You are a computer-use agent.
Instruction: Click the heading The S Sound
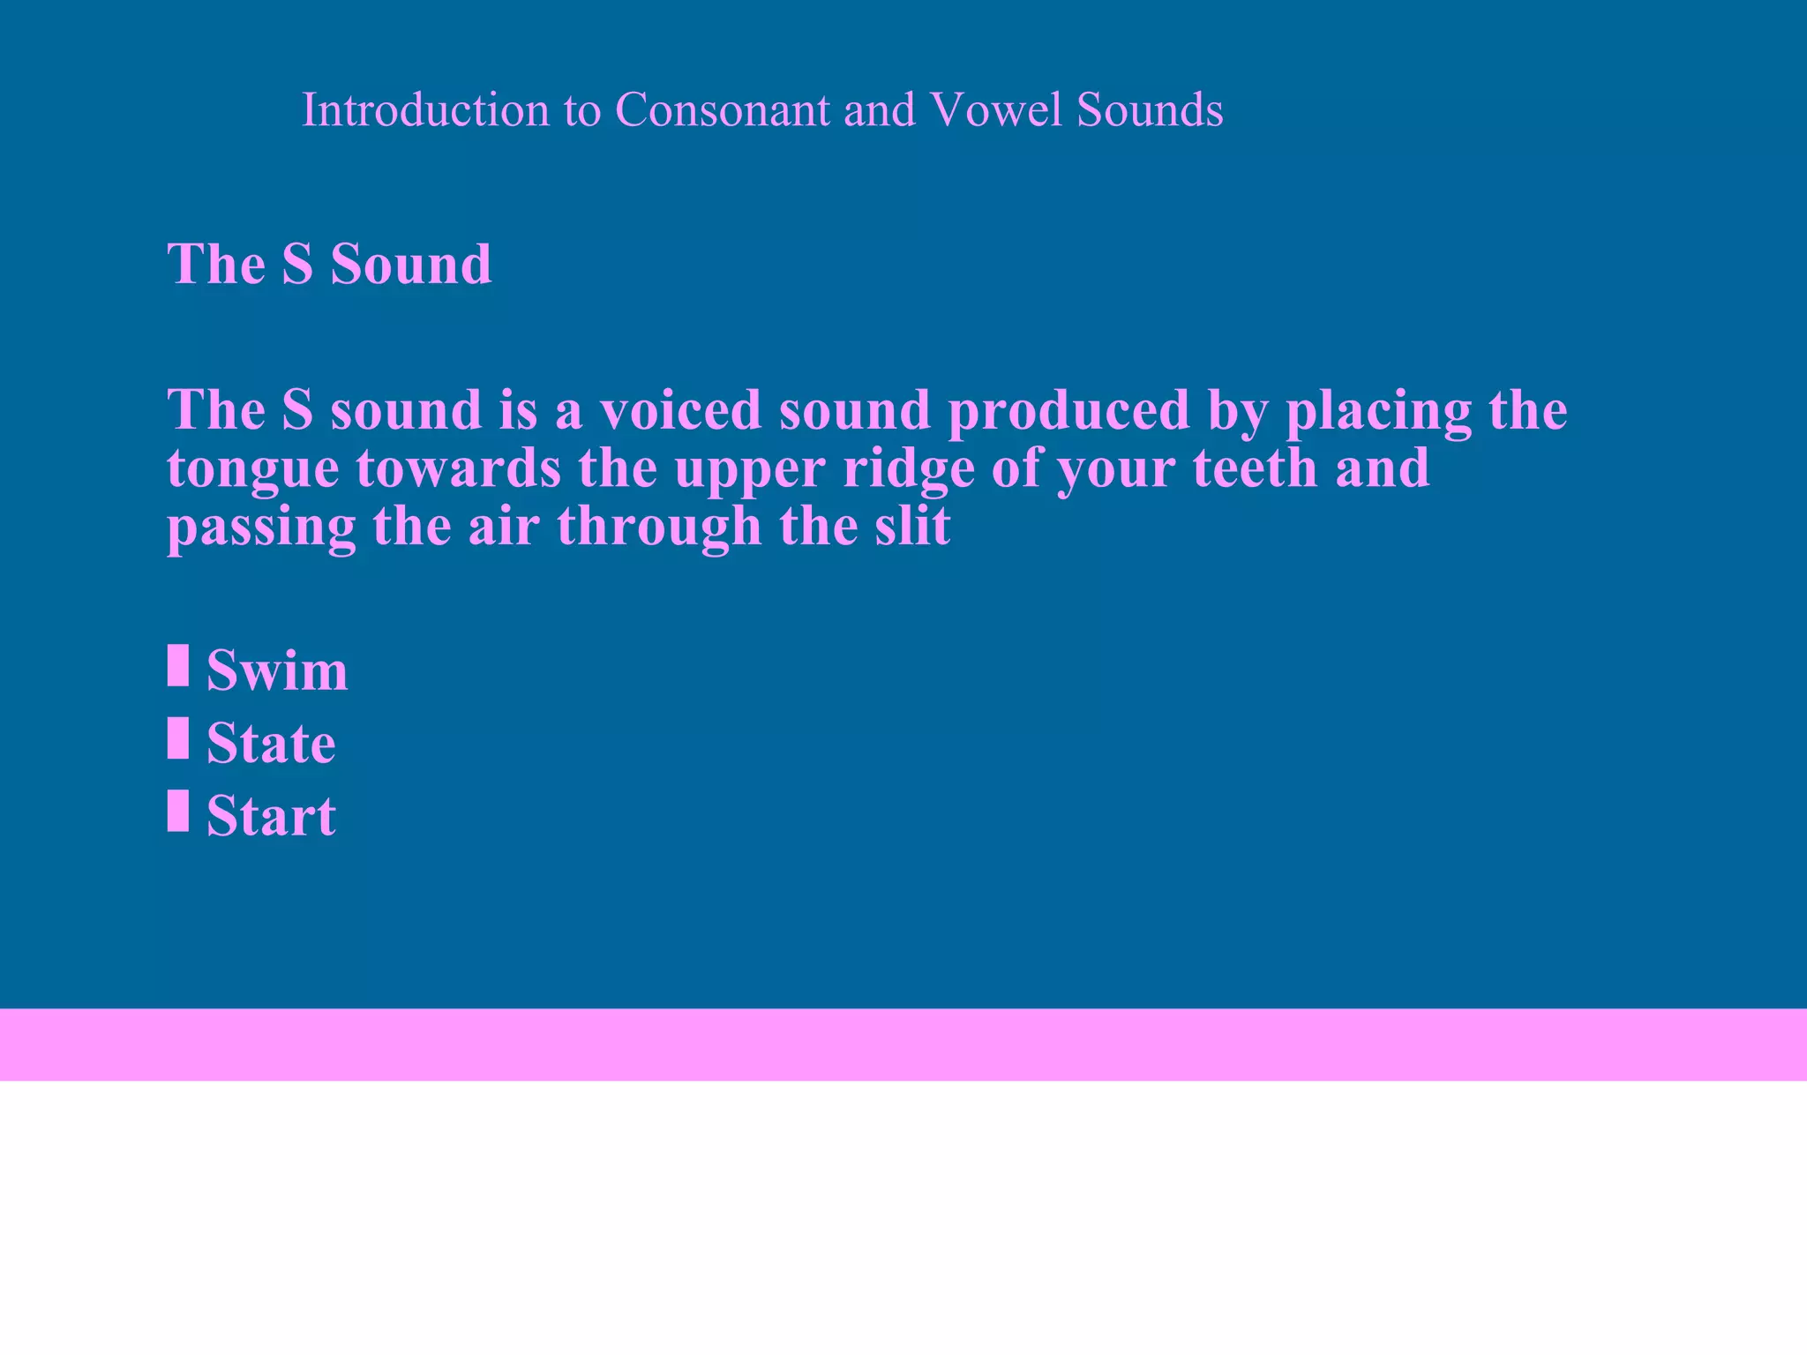pyautogui.click(x=329, y=264)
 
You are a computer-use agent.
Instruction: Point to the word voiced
pyautogui.click(x=680, y=410)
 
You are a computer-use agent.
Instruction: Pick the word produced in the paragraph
pyautogui.click(x=1069, y=412)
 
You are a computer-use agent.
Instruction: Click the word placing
pyautogui.click(x=1379, y=412)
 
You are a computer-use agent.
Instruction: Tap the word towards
pyautogui.click(x=459, y=468)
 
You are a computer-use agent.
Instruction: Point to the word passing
pyautogui.click(x=261, y=528)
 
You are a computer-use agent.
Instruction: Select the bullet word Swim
pyautogui.click(x=277, y=670)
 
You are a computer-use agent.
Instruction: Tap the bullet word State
pyautogui.click(x=271, y=743)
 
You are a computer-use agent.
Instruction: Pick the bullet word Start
pyautogui.click(x=271, y=815)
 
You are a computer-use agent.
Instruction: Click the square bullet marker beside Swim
pyautogui.click(x=178, y=665)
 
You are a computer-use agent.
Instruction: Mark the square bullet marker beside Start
pyautogui.click(x=178, y=810)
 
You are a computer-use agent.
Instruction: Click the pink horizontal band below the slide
pyautogui.click(x=903, y=1044)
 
